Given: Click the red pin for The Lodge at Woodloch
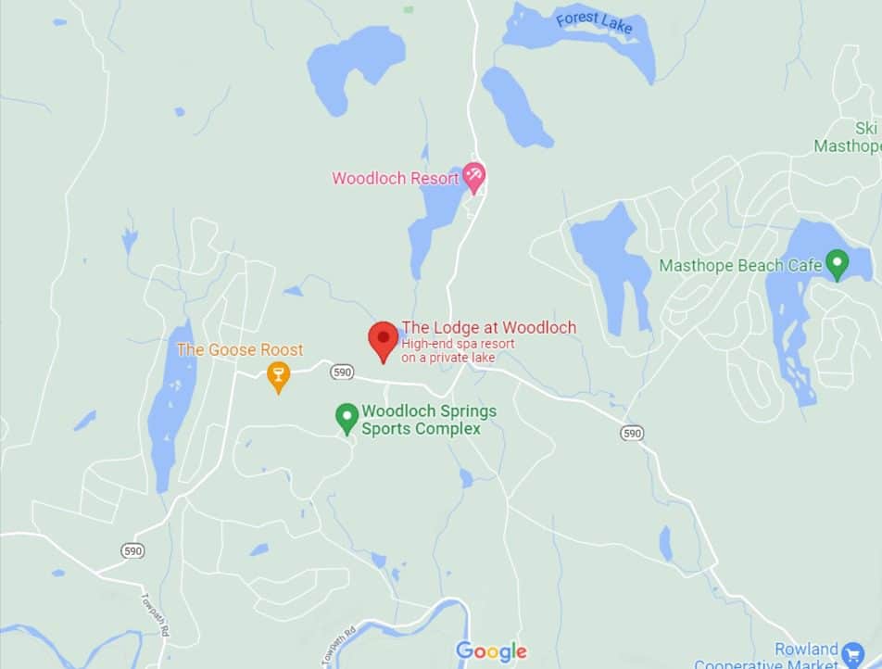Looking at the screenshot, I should tap(384, 339).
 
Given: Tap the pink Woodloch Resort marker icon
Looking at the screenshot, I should tap(474, 175).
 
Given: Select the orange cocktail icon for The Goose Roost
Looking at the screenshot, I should tap(277, 375).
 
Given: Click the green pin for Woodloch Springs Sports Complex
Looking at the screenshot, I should tap(346, 417).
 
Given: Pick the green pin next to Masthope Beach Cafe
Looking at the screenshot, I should tap(838, 264).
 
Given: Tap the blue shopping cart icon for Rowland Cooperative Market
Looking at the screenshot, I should tap(853, 654).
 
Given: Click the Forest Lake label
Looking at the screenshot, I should tap(594, 23).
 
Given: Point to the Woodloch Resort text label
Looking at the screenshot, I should tap(396, 178).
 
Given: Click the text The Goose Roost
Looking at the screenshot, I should tap(240, 350).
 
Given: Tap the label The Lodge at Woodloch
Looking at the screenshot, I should tap(488, 327).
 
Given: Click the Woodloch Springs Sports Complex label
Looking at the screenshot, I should tap(429, 420).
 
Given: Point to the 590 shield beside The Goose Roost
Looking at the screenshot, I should tap(342, 372).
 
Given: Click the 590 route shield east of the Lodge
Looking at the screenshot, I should tap(632, 433).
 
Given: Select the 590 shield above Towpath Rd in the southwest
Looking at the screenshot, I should tap(132, 550).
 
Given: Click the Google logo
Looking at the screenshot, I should tap(491, 651).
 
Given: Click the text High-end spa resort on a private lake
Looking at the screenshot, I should tap(458, 350).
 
